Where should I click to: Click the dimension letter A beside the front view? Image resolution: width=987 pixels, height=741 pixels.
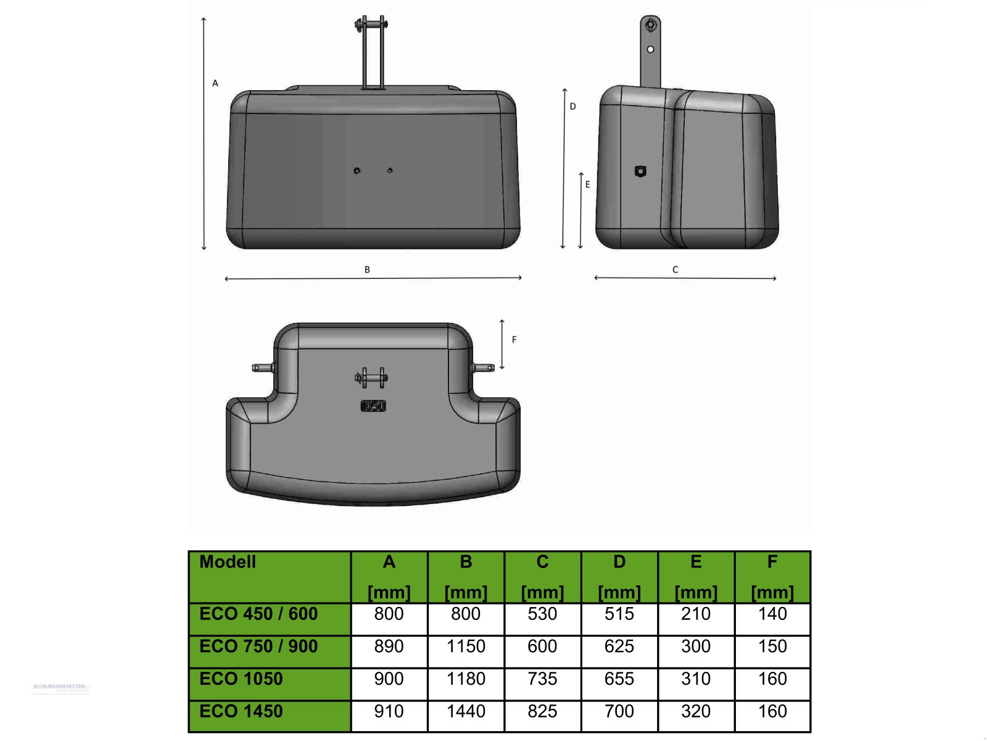215,83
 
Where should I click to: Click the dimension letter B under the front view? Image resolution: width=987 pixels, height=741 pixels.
367,269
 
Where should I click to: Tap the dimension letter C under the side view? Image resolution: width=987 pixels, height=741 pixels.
675,269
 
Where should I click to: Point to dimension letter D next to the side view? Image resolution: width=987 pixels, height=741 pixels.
572,106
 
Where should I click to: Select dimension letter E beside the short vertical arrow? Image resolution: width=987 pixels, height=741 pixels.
587,184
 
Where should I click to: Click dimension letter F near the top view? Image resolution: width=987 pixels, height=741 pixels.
514,340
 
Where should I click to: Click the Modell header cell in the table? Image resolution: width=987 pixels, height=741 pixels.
228,562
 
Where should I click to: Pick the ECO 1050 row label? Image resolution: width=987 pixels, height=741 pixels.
241,679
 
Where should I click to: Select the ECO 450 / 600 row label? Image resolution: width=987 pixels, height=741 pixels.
258,614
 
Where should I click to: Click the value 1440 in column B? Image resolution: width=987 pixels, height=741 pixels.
466,711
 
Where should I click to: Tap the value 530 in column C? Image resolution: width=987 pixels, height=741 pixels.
542,614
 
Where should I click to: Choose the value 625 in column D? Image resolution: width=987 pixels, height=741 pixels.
619,647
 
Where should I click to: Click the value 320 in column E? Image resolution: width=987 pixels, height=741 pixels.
695,711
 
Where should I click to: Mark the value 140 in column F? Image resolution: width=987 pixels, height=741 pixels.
772,614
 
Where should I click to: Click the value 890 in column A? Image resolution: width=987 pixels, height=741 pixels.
389,647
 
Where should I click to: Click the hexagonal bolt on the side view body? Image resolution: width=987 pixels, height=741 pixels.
640,171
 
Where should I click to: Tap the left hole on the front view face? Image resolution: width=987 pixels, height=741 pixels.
357,170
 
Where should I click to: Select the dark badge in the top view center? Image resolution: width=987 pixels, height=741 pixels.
373,406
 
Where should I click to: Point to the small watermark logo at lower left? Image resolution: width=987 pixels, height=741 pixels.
60,687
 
